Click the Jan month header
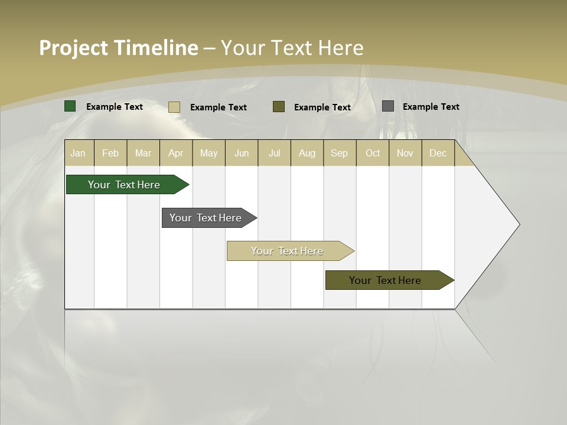[79, 153]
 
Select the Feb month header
[110, 153]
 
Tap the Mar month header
[143, 153]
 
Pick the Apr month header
[176, 153]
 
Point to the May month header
[208, 153]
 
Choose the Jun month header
[242, 153]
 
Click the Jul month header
[274, 153]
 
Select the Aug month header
[307, 153]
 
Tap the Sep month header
[340, 153]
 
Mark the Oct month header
[373, 153]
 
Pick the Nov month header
[405, 153]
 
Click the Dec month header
[438, 153]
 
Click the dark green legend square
[70, 106]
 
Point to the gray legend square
[388, 106]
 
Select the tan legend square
[174, 107]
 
